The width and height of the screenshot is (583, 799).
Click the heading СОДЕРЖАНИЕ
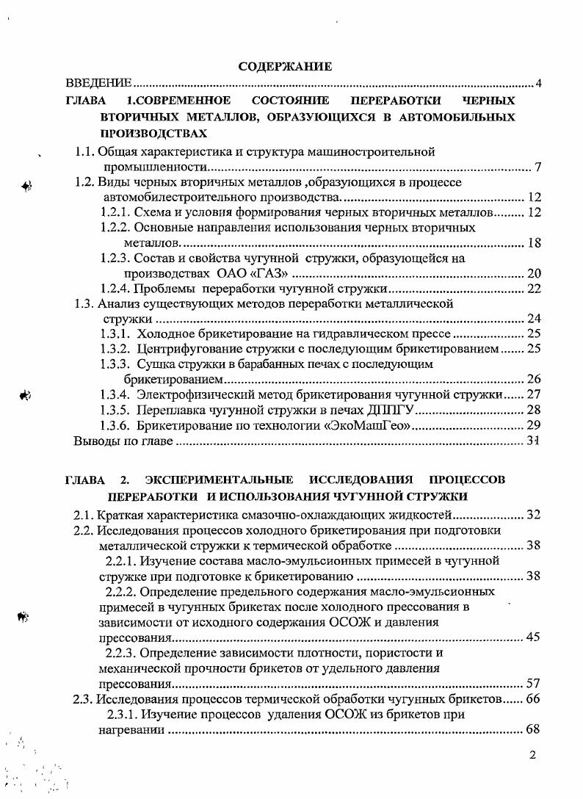click(286, 67)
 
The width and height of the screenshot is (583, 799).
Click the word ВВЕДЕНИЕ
click(98, 83)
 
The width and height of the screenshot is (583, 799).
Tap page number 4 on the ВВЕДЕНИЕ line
click(538, 83)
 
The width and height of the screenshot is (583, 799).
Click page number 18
click(534, 243)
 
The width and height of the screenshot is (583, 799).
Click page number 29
click(534, 425)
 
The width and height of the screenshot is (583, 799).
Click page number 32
click(534, 515)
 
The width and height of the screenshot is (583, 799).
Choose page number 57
click(534, 683)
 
